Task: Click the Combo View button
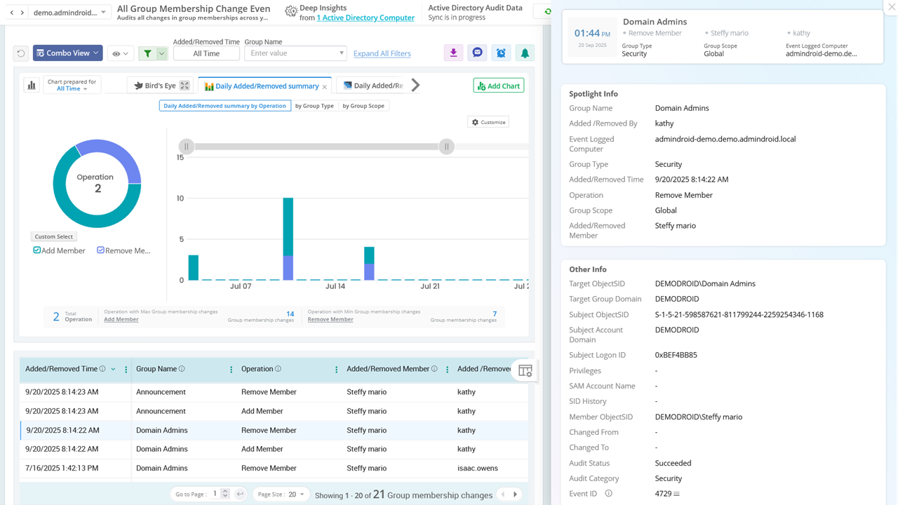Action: (x=67, y=53)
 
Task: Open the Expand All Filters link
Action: (x=382, y=53)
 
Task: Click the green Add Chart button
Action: (x=499, y=86)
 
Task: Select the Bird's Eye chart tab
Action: (x=156, y=86)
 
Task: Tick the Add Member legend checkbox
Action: (x=37, y=250)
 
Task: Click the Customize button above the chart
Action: (x=488, y=122)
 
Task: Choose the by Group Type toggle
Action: (x=314, y=106)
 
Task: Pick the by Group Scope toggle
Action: (x=363, y=106)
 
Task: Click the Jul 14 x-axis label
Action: (x=335, y=286)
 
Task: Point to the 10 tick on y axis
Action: (x=180, y=198)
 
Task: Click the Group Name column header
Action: (x=156, y=369)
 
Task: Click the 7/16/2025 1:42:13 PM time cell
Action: (x=62, y=468)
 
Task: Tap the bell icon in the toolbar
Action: (x=524, y=53)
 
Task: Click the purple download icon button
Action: (x=453, y=53)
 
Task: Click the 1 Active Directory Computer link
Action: (x=365, y=18)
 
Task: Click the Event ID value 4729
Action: (x=663, y=494)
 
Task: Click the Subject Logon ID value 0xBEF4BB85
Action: (x=676, y=355)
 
